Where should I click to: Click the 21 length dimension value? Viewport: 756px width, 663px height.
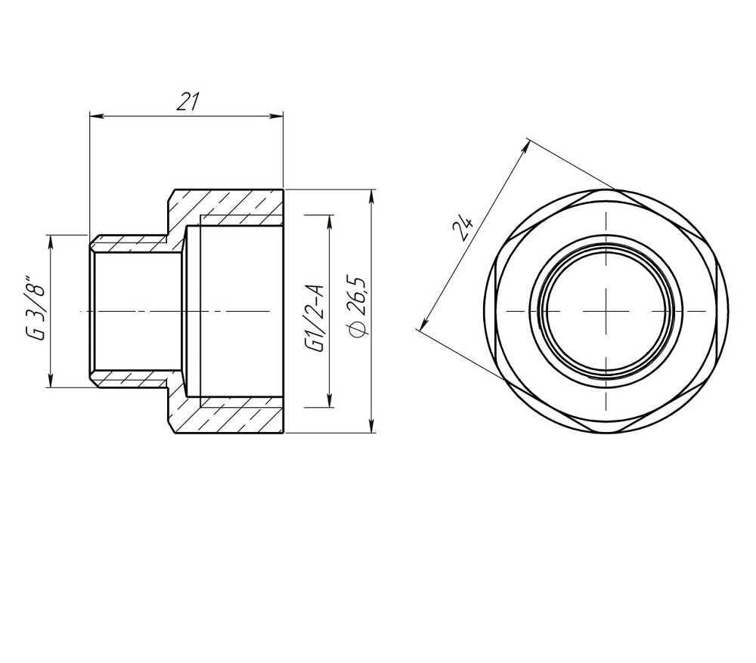(187, 102)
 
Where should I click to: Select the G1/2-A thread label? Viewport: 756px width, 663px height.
(316, 319)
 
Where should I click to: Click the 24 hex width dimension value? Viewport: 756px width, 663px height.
(463, 228)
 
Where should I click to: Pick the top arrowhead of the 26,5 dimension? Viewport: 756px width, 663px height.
(371, 196)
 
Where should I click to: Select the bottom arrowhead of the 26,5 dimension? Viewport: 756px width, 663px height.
(371, 426)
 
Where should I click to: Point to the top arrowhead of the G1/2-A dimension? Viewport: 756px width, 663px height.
(330, 222)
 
